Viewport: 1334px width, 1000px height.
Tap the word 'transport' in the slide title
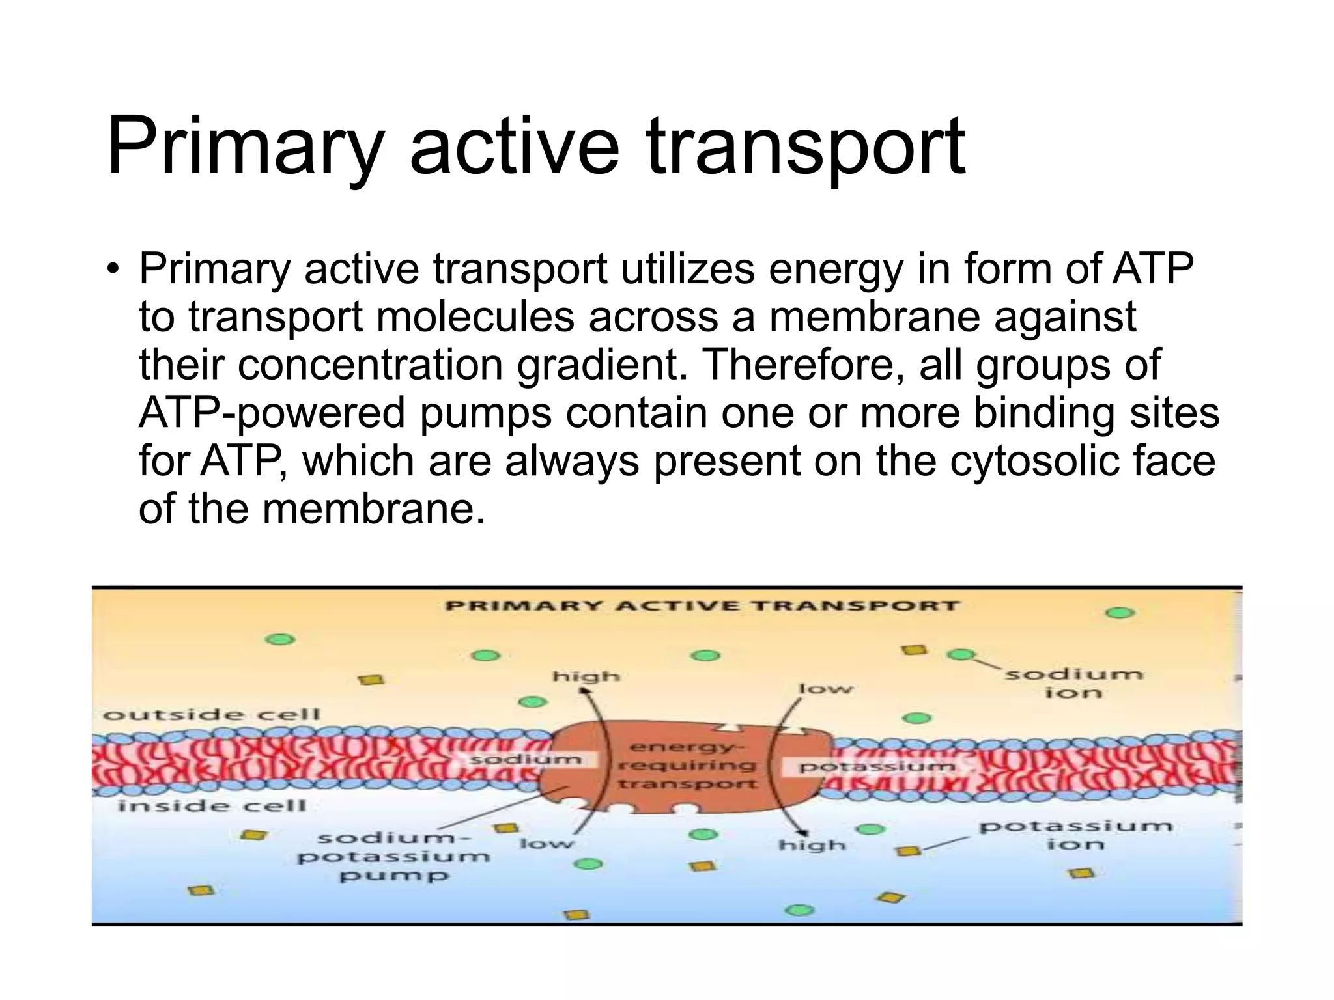pyautogui.click(x=805, y=147)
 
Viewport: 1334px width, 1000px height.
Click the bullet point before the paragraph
pyautogui.click(x=113, y=269)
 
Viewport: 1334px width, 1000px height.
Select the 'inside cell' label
pyautogui.click(x=212, y=806)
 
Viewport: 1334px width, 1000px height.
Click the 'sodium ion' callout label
pyautogui.click(x=1073, y=682)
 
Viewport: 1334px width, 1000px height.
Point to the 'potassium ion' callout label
pyautogui.click(x=1075, y=835)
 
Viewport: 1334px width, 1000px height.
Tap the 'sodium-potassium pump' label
pyautogui.click(x=393, y=856)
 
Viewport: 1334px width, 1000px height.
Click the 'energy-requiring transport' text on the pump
pyautogui.click(x=687, y=766)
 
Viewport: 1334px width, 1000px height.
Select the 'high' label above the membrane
pyautogui.click(x=586, y=677)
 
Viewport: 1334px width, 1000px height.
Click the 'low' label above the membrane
pyautogui.click(x=825, y=689)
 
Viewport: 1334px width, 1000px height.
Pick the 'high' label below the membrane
pyautogui.click(x=812, y=845)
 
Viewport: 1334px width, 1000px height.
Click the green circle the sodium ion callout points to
pyautogui.click(x=960, y=654)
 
